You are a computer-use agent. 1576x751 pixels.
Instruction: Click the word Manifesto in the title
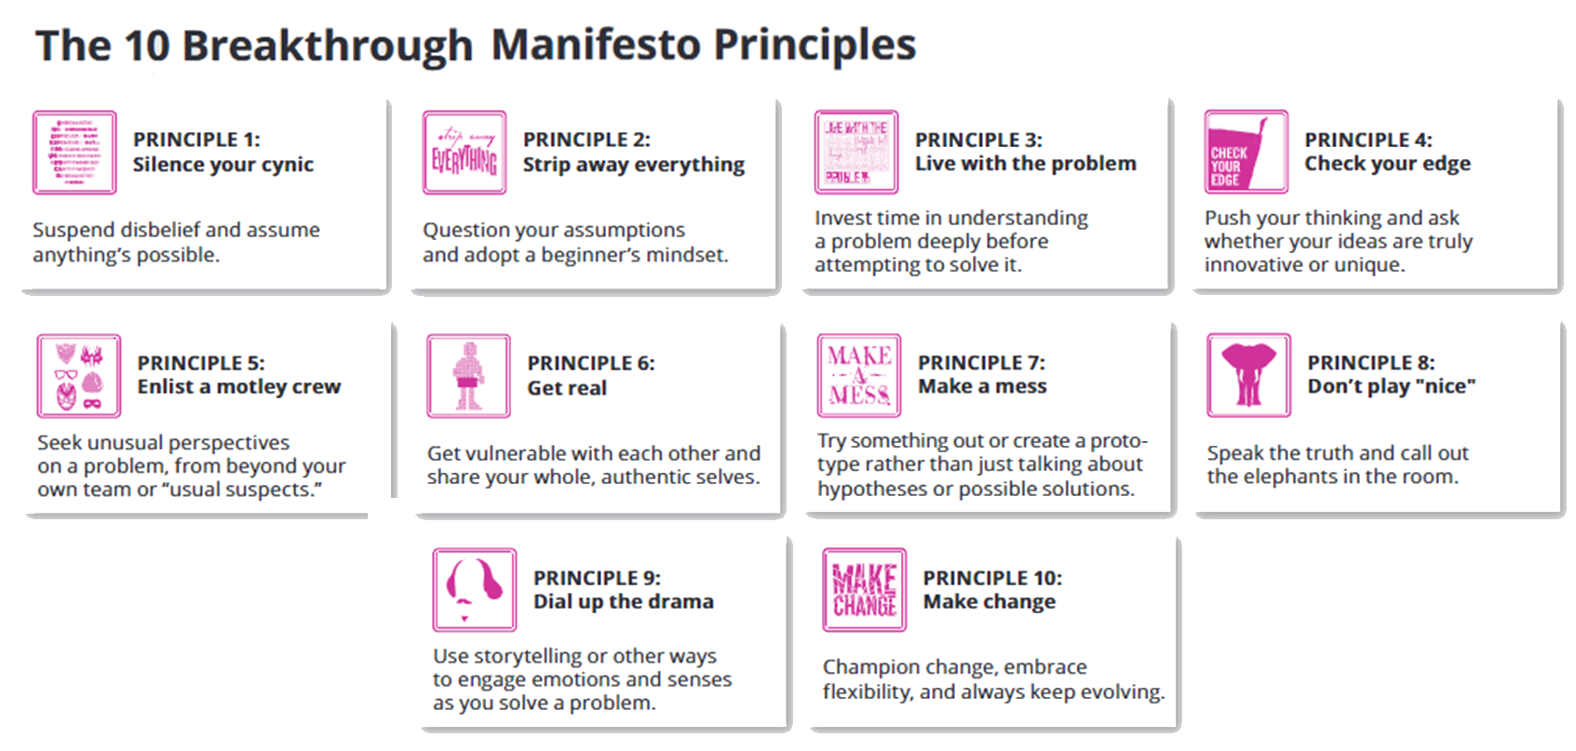(x=597, y=45)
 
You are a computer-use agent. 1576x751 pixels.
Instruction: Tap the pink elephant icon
(x=1248, y=375)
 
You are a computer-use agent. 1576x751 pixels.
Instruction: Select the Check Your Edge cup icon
(x=1246, y=152)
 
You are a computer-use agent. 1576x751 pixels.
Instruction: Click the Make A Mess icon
(x=858, y=375)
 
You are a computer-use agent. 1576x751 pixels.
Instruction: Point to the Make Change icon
(x=864, y=590)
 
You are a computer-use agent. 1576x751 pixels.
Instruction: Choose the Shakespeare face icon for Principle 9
(x=474, y=590)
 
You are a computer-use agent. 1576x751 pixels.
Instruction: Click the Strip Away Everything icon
(x=464, y=153)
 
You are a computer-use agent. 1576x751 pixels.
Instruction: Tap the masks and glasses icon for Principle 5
(x=79, y=376)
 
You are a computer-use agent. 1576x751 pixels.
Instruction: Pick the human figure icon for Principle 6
(x=468, y=376)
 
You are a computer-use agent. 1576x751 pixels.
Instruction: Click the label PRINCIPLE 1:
(x=196, y=140)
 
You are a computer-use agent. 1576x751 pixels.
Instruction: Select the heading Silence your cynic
(x=222, y=165)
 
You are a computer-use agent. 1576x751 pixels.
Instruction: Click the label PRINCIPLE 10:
(x=992, y=578)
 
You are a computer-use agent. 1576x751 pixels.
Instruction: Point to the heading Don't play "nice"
(x=1391, y=386)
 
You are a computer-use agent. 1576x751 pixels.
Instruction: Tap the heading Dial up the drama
(x=623, y=602)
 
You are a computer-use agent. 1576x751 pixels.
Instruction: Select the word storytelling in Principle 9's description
(x=526, y=656)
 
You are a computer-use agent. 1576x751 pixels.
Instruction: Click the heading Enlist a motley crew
(x=238, y=386)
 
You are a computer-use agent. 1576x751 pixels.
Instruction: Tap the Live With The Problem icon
(x=855, y=152)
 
